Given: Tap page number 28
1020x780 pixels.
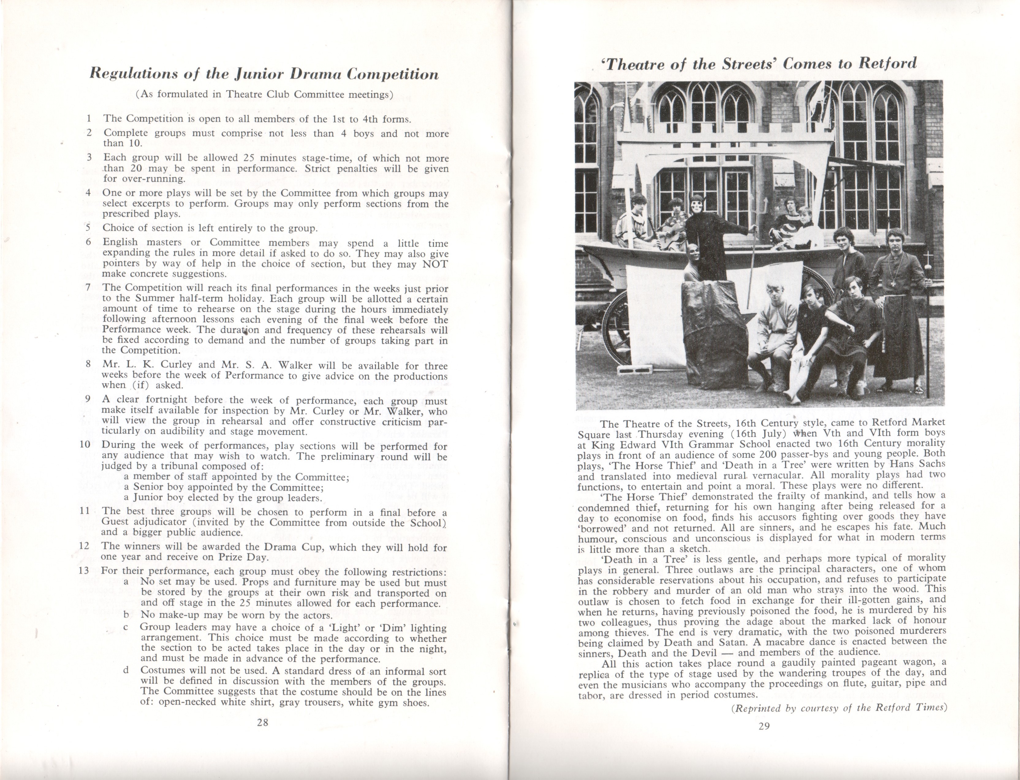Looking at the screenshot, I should click(x=263, y=722).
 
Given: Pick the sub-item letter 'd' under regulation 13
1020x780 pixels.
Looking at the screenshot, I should click(x=126, y=671).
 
